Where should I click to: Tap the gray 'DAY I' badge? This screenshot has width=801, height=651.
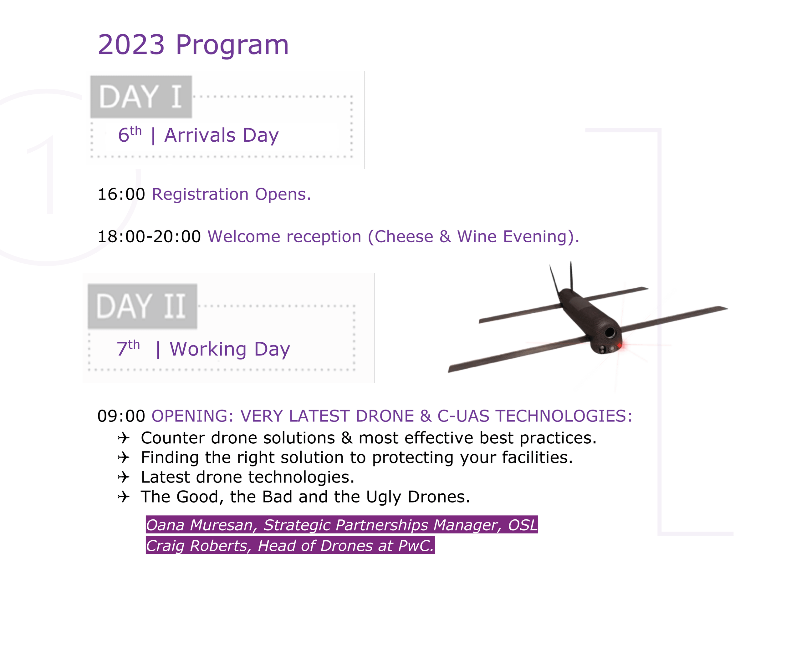click(141, 97)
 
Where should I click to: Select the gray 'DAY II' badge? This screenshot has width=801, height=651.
click(142, 306)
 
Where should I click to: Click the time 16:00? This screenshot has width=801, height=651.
click(121, 194)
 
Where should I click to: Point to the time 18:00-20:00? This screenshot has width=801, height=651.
click(149, 237)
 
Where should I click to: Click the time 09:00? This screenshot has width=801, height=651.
click(121, 416)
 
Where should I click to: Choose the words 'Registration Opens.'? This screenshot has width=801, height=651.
click(232, 194)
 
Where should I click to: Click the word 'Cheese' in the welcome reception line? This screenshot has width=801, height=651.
click(404, 237)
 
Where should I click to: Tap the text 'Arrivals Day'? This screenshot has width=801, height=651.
click(221, 135)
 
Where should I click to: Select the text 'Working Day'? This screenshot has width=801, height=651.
click(230, 350)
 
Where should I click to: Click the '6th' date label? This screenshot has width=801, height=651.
click(130, 135)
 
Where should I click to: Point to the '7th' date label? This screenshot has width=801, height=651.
click(128, 348)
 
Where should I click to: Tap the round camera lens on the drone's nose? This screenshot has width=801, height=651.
click(610, 332)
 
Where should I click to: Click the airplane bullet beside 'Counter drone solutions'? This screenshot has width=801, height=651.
click(123, 438)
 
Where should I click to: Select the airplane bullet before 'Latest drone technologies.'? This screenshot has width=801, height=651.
click(123, 477)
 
